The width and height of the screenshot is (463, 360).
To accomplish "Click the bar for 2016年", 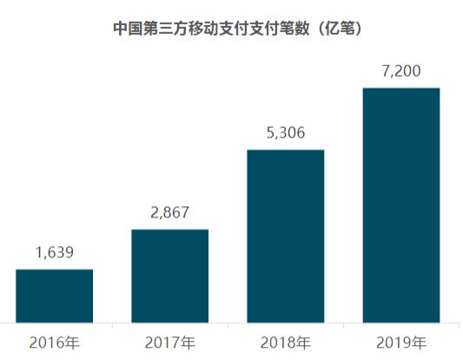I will (54, 296).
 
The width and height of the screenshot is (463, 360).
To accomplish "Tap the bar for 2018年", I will (285, 236).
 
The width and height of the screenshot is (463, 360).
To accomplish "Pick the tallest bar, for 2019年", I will (400, 205).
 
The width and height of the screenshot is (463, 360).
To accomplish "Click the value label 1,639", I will (54, 253).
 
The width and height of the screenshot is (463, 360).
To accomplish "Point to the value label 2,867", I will (169, 213).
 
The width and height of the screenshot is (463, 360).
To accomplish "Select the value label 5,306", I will (285, 134).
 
